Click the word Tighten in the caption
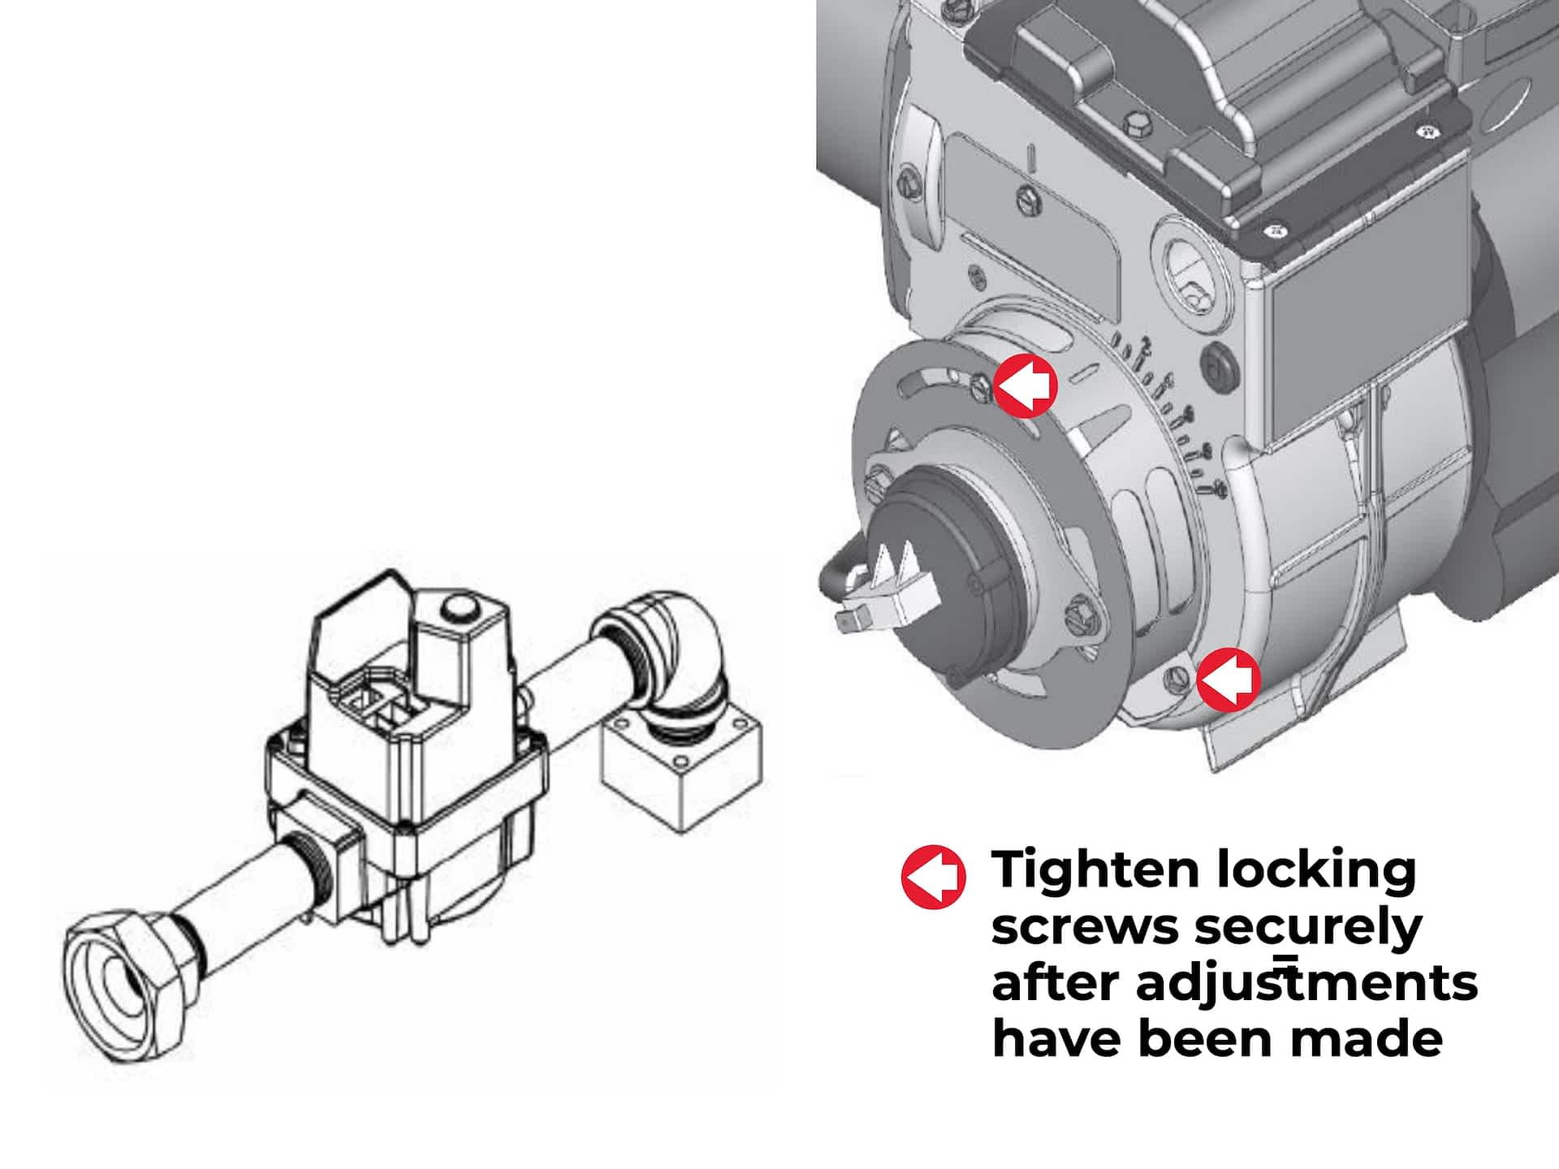coord(1095,870)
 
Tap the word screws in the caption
coord(1085,928)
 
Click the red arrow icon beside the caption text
coord(934,877)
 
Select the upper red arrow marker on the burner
coord(1025,386)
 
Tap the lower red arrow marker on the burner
coord(1228,679)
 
